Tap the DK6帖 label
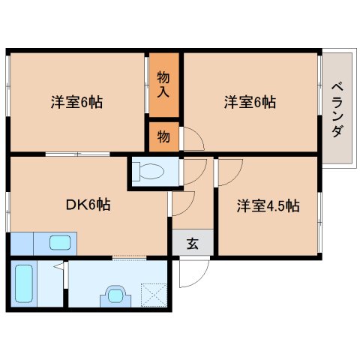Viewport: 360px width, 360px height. click(x=88, y=205)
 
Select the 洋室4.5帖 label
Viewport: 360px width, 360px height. click(x=268, y=205)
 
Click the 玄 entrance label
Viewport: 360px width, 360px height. click(x=193, y=243)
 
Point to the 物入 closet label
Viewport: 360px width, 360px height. click(x=163, y=85)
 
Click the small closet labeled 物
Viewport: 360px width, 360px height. click(x=163, y=136)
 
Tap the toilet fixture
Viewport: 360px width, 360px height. click(x=148, y=171)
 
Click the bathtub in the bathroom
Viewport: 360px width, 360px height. click(x=24, y=283)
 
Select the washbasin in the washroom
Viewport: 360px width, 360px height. click(x=115, y=296)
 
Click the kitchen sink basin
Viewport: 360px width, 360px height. click(x=60, y=242)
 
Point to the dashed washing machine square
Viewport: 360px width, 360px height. click(x=154, y=295)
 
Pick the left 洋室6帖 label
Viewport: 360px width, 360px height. click(x=76, y=102)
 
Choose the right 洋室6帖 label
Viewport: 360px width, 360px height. click(x=250, y=102)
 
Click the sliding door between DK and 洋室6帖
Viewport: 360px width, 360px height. click(x=77, y=154)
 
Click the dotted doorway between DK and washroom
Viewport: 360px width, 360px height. click(x=129, y=258)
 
